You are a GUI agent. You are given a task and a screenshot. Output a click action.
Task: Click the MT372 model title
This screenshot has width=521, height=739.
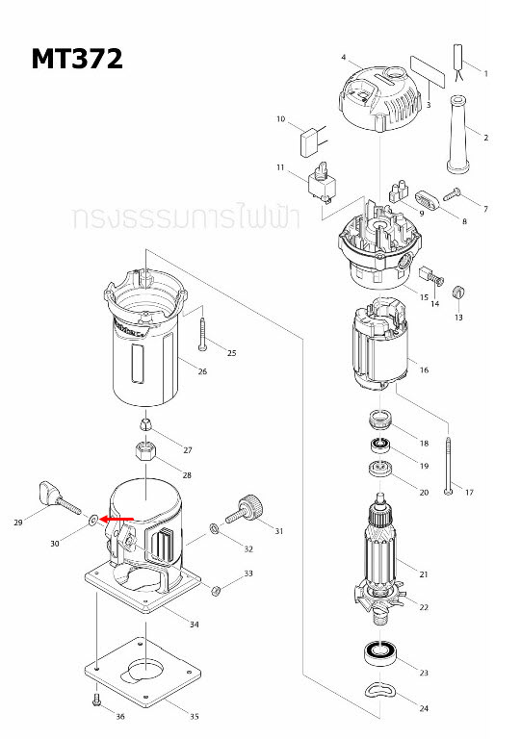click(77, 60)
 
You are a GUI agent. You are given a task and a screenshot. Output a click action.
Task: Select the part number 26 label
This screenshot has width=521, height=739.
click(202, 371)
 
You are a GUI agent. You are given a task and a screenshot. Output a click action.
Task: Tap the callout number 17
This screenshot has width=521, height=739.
click(470, 493)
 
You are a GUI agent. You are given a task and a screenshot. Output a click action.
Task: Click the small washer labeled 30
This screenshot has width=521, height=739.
click(92, 520)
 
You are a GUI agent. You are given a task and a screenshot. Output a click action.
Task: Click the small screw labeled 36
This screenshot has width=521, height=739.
click(95, 700)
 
